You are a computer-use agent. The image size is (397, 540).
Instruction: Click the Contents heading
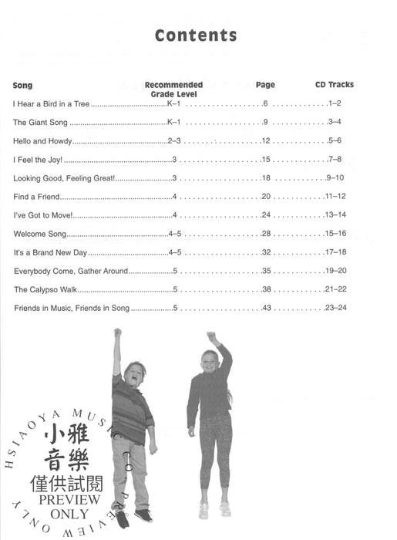pos(196,35)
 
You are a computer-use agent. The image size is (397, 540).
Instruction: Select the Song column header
pos(22,85)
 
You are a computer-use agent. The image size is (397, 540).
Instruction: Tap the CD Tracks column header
pos(334,85)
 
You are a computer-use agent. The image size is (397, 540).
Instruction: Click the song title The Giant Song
pos(41,122)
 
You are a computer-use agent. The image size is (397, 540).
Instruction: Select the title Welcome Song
pos(40,234)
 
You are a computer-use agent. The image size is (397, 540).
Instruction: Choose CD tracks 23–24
pos(337,308)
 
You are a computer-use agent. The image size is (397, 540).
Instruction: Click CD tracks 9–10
pos(336,177)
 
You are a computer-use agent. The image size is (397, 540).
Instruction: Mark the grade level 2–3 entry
pos(173,140)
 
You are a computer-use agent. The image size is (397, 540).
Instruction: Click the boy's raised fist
pos(117,332)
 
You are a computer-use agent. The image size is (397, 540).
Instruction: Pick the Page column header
pos(264,85)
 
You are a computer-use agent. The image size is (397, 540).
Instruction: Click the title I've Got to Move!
pos(42,215)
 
